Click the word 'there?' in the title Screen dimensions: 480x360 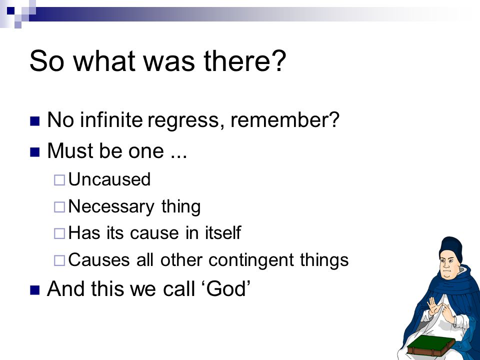pyautogui.click(x=244, y=60)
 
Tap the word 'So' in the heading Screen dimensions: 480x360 pyautogui.click(x=47, y=60)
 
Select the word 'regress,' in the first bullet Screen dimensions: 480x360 pyautogui.click(x=183, y=120)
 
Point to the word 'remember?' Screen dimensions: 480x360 pyautogui.click(x=285, y=119)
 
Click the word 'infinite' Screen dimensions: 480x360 pyautogui.click(x=111, y=119)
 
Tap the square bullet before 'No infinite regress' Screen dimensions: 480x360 pyautogui.click(x=35, y=121)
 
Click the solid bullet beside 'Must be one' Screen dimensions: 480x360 pyautogui.click(x=35, y=152)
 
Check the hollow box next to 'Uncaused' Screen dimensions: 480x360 pyautogui.click(x=59, y=180)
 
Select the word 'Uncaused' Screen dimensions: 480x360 pyautogui.click(x=109, y=179)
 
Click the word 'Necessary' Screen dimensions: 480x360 pyautogui.click(x=111, y=207)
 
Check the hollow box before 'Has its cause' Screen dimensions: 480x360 pyautogui.click(x=59, y=234)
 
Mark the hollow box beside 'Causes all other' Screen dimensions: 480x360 pyautogui.click(x=59, y=261)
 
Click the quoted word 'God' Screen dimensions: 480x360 pyautogui.click(x=226, y=288)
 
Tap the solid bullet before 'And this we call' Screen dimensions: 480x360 pyautogui.click(x=35, y=290)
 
